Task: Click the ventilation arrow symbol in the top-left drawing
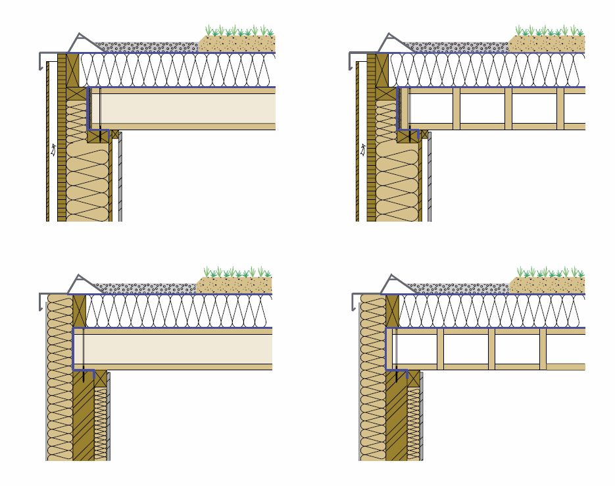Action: tap(53, 150)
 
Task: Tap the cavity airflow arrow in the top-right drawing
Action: tap(362, 150)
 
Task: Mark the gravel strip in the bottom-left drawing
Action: tap(145, 287)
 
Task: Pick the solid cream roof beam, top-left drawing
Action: tap(184, 109)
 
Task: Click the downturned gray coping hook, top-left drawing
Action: tap(43, 61)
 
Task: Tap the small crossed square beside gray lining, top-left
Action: tap(115, 135)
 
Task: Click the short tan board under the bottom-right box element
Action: tap(565, 367)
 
